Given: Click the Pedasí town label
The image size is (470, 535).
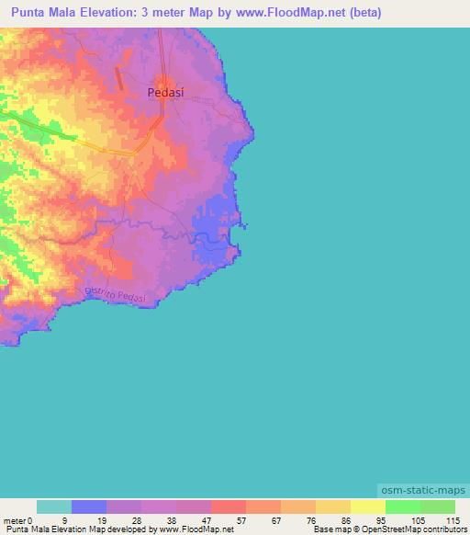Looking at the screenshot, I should [166, 92].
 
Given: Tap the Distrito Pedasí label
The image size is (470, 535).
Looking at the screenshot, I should [116, 295].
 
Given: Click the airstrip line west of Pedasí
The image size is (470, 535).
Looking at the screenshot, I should [119, 77].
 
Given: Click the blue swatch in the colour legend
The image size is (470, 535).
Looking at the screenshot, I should [89, 507].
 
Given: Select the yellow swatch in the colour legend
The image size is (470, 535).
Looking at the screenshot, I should [368, 507].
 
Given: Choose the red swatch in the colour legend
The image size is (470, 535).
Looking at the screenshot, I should [229, 507].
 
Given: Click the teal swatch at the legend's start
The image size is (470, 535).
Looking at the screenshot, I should [54, 507].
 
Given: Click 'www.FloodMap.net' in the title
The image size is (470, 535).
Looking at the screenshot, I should [285, 13].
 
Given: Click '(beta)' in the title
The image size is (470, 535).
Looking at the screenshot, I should [363, 13].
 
